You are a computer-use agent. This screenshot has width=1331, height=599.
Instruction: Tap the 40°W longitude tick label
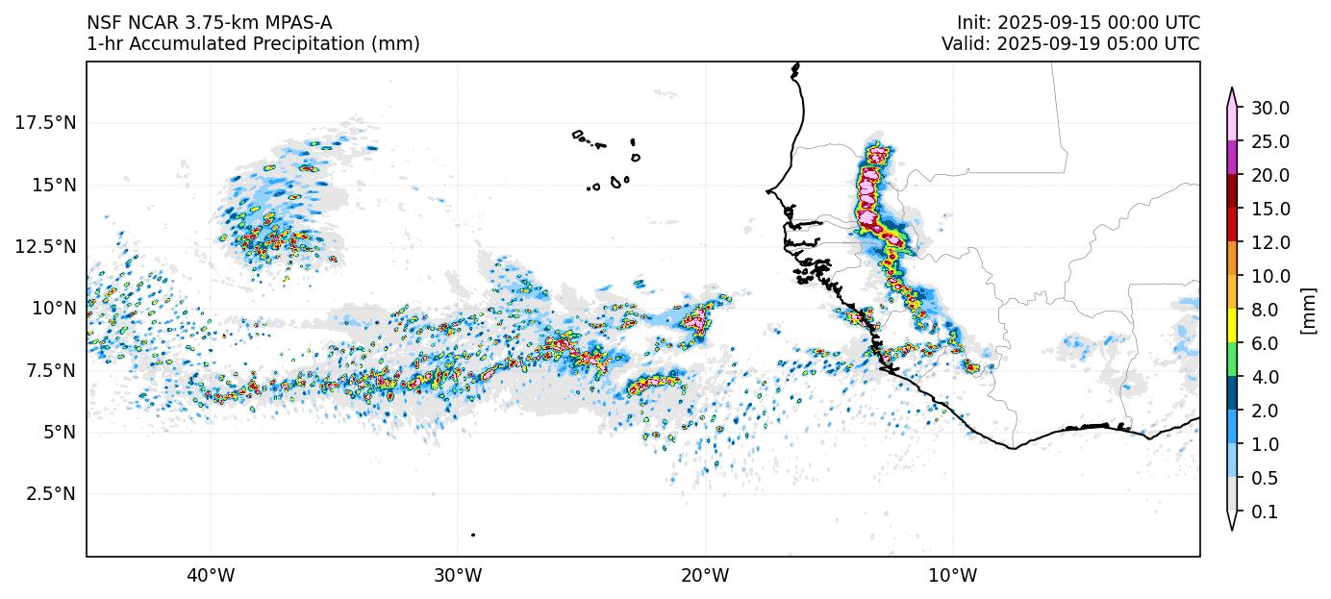[210, 576]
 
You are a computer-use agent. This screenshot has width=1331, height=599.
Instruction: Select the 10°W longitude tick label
[953, 576]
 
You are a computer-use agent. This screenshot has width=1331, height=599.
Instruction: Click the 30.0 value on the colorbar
[1269, 108]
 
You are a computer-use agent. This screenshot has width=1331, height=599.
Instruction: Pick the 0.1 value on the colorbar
[1266, 512]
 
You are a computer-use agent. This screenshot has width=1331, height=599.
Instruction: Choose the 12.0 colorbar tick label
[1269, 242]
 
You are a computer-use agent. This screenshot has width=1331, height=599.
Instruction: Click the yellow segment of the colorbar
[1232, 326]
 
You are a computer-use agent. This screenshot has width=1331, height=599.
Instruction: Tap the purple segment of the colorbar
[1232, 158]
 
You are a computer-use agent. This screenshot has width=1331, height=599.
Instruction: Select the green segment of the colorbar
[1232, 360]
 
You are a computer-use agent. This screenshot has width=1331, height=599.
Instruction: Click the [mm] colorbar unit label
[1308, 310]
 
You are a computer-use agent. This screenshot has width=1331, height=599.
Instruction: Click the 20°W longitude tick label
[705, 576]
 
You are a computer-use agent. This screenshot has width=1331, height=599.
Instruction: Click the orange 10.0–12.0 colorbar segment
[1232, 259]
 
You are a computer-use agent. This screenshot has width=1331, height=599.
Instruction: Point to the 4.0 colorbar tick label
[1266, 377]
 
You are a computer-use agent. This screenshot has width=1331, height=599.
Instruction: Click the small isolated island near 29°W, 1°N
[473, 535]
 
